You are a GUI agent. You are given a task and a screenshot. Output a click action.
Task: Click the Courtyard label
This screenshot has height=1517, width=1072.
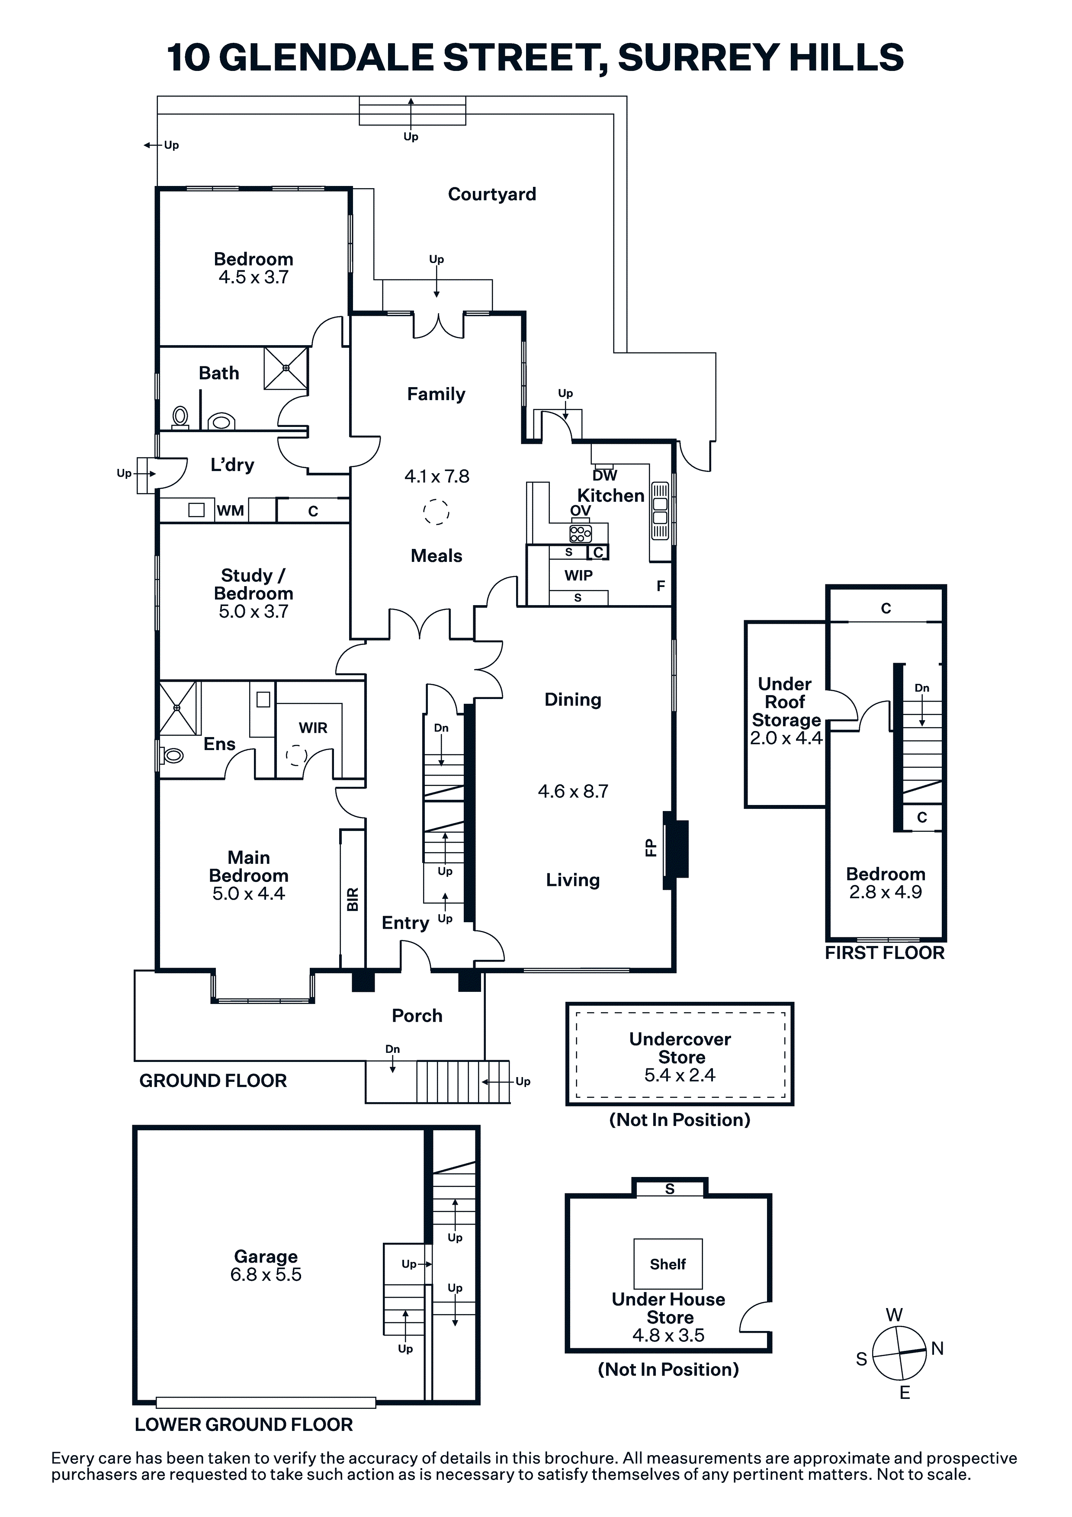coord(492,194)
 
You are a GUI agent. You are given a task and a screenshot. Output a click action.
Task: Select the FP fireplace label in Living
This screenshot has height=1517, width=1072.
coord(650,848)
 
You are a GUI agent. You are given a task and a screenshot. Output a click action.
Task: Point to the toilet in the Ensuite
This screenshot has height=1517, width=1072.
coord(172,754)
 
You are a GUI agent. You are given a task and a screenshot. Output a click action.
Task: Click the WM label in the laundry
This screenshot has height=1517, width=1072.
coord(230,511)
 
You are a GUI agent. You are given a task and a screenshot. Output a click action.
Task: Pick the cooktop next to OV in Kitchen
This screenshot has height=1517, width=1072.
coord(580,533)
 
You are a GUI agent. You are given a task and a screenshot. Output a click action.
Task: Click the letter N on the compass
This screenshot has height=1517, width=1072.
coord(937,1349)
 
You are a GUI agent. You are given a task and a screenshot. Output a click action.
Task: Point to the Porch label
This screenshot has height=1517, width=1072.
coord(417,1016)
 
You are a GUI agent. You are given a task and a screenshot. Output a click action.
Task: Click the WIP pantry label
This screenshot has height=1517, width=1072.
coord(578,575)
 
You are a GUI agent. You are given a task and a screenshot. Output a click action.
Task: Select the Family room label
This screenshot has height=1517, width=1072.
coord(436,394)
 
